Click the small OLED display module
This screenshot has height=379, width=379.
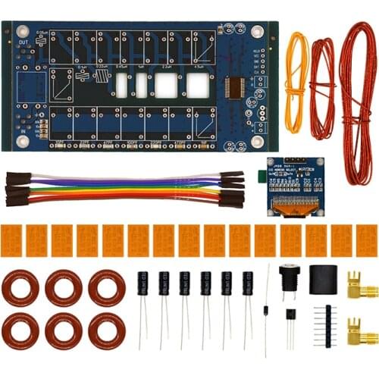[x=295, y=186]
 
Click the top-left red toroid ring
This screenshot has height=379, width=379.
[x=21, y=288]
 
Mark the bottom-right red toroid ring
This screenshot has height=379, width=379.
[x=107, y=330]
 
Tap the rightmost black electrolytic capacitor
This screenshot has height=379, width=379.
[x=248, y=285]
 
